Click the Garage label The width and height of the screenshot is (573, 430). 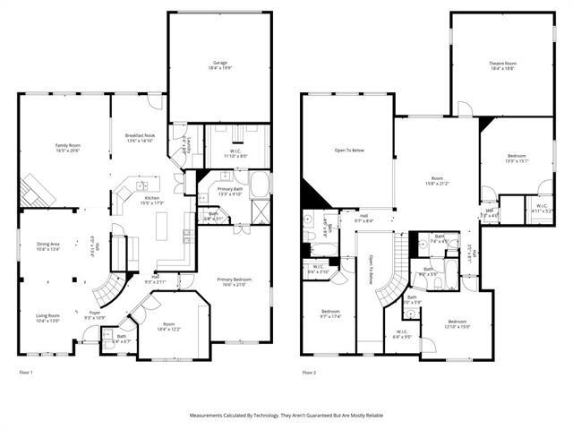click(219, 65)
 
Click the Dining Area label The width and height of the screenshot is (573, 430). click(48, 246)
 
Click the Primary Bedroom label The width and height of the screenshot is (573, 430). click(234, 282)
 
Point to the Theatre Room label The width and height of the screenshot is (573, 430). click(502, 65)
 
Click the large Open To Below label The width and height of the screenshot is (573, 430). click(349, 150)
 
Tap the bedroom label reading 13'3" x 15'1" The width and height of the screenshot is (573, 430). click(517, 159)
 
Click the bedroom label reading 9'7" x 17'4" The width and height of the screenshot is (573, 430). click(330, 314)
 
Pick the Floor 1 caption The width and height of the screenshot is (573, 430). click(27, 372)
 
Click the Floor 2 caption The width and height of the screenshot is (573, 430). click(310, 372)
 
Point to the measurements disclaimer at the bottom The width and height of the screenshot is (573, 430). click(286, 417)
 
